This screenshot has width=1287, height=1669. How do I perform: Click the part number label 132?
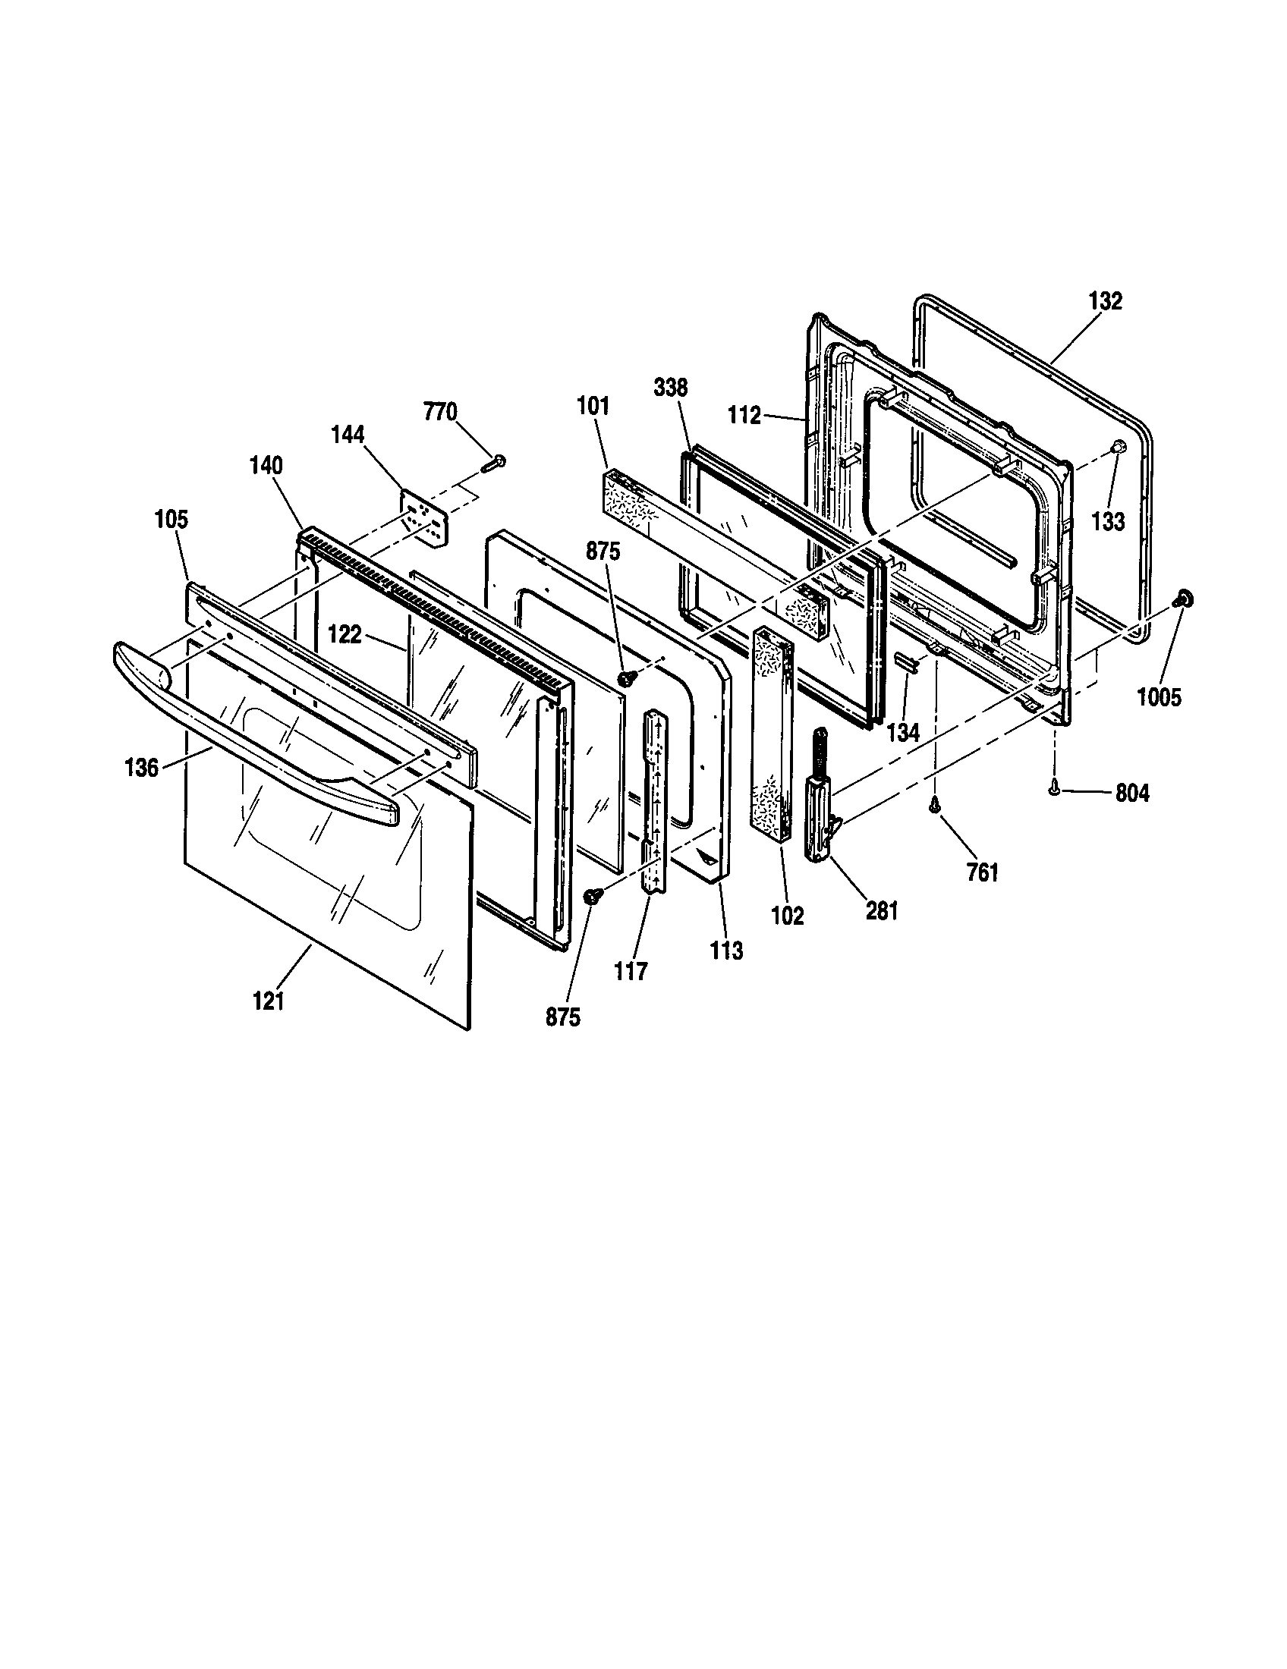tap(1106, 301)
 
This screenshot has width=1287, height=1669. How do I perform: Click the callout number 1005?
tap(1159, 697)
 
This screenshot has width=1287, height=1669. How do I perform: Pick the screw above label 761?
tap(934, 803)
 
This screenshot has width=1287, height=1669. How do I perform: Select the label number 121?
tap(269, 1001)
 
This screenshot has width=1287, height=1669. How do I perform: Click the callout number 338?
tap(670, 388)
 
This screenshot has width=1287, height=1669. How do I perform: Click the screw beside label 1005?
tap(1184, 599)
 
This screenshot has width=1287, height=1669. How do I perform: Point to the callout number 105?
tap(171, 520)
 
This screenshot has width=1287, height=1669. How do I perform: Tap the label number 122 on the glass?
tap(345, 634)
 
